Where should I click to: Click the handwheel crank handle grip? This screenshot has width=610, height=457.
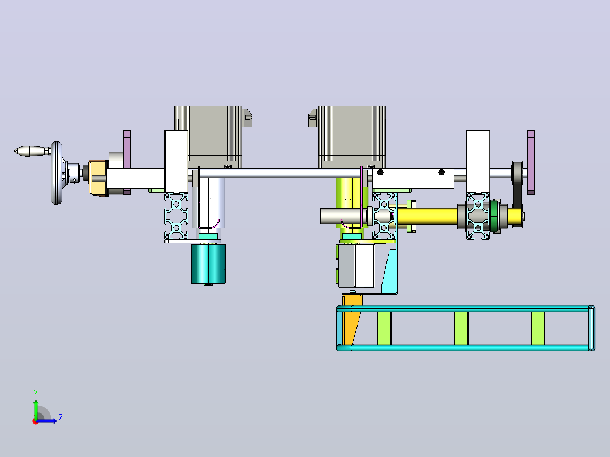(32, 151)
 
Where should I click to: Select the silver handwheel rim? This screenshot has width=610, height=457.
(57, 173)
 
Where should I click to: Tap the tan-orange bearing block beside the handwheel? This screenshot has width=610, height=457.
(98, 178)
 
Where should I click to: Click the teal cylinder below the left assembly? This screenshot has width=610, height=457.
(208, 264)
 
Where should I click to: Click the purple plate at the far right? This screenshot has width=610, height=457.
(531, 162)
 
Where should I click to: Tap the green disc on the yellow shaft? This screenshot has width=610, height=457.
(495, 216)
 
